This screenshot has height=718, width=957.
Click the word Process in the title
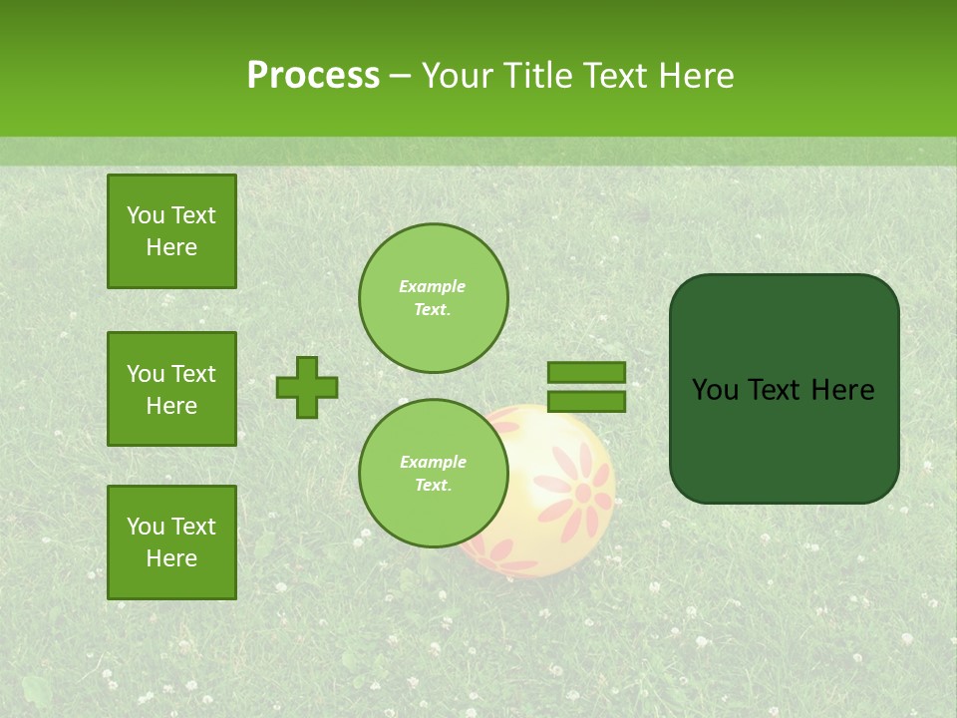[313, 76]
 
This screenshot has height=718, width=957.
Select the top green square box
[171, 231]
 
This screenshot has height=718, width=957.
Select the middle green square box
[171, 389]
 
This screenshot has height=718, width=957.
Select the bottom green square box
[171, 541]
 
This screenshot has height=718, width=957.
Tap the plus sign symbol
[307, 387]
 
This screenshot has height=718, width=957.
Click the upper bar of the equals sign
[586, 373]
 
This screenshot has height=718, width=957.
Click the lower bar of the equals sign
[586, 401]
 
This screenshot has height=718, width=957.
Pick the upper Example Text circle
[433, 297]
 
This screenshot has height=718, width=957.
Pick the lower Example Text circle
[433, 474]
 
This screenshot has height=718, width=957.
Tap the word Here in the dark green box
[842, 390]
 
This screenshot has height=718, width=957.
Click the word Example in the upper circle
[432, 286]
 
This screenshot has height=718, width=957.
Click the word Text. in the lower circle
[432, 486]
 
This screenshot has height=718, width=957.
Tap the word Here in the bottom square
[171, 558]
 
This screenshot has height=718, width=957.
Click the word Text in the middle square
[193, 374]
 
